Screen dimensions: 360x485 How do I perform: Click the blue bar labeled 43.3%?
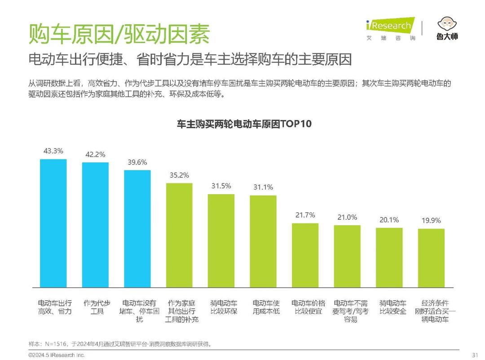[x=53, y=223]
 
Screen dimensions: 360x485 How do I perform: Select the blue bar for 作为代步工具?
[x=95, y=225]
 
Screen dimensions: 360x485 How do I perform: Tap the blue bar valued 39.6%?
[x=137, y=229]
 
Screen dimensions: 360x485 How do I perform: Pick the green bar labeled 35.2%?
[x=179, y=235]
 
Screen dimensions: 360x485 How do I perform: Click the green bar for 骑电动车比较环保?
[x=221, y=241]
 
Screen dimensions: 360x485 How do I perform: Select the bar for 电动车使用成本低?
[x=263, y=241]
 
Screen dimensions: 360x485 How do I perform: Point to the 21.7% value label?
[x=305, y=215]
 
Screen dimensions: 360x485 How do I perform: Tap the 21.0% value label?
[x=347, y=217]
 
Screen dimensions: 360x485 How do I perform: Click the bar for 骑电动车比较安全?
[x=389, y=258]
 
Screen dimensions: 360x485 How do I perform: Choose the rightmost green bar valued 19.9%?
[x=431, y=258]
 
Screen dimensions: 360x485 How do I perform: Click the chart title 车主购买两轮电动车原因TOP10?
[x=244, y=124]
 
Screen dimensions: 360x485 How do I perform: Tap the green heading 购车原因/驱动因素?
[x=119, y=34]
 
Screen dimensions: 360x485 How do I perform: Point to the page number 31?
[x=475, y=355]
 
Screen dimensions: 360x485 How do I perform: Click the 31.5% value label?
[x=221, y=186]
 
